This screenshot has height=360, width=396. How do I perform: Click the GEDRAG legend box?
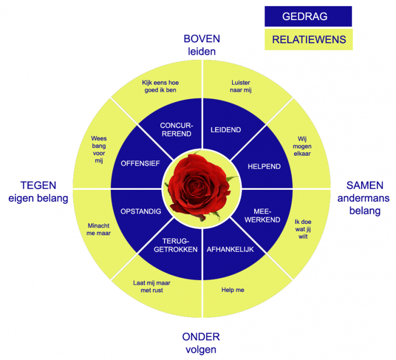[308, 17]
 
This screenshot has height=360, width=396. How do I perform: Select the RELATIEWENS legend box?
[308, 40]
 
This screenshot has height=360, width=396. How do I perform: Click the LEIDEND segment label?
[226, 130]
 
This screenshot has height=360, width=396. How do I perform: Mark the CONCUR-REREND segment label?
[176, 129]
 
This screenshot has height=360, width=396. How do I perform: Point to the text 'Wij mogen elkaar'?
[305, 145]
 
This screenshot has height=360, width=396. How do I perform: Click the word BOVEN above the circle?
[202, 39]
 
